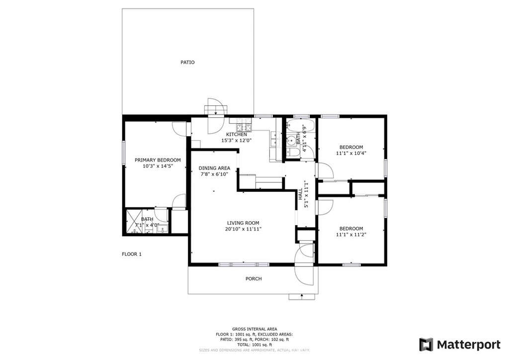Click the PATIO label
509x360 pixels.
[187, 63]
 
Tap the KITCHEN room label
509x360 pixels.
[237, 135]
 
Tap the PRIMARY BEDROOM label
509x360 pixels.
[158, 160]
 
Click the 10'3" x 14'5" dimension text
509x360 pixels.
[158, 167]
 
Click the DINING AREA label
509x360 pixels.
[214, 168]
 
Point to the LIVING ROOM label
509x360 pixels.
[243, 223]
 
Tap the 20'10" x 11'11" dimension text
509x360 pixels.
[243, 229]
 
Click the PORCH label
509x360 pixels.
[254, 279]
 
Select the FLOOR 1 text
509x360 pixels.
[132, 254]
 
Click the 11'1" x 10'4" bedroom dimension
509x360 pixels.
[351, 154]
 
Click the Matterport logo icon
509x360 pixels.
[426, 345]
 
